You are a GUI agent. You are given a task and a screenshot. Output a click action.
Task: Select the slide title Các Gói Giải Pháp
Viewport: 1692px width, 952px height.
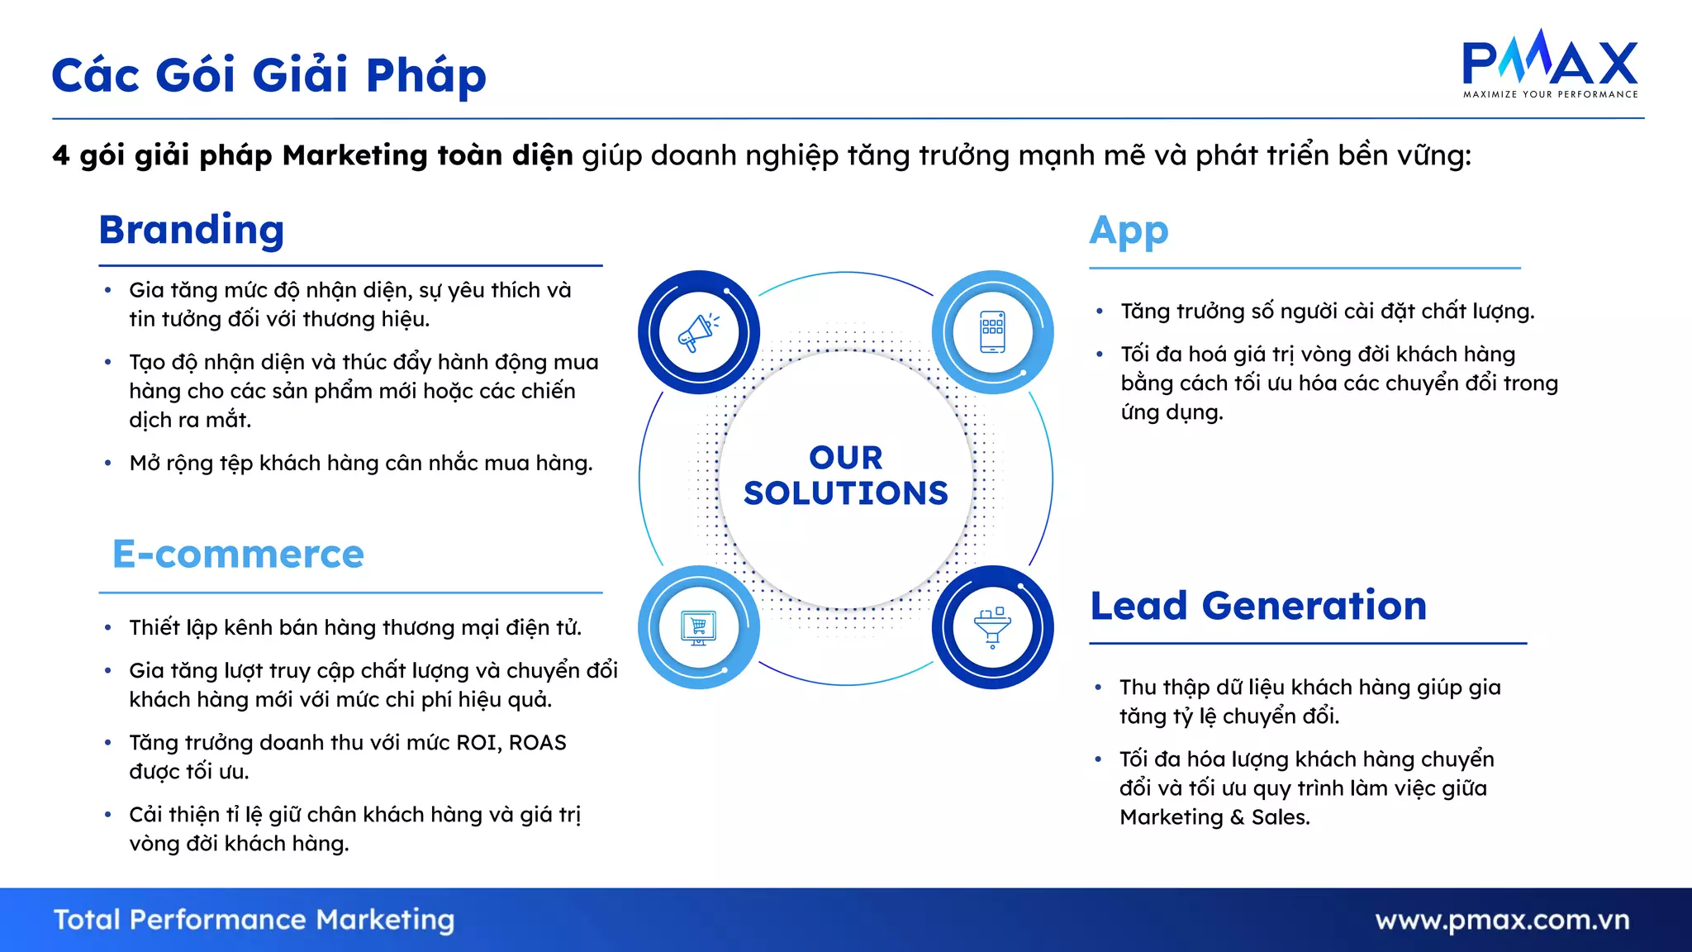[x=269, y=75]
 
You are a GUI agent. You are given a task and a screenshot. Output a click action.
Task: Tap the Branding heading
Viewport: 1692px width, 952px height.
[x=192, y=230]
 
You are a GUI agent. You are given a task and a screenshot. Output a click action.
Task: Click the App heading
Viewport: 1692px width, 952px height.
[x=1129, y=231]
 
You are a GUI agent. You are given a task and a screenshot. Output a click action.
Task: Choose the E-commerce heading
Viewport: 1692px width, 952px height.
[x=238, y=554]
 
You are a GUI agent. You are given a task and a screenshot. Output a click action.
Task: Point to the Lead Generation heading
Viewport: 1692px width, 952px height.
[x=1258, y=606]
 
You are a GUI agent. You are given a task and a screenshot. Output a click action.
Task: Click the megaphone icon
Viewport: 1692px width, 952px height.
[x=698, y=332]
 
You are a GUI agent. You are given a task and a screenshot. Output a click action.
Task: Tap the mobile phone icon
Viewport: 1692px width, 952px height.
[x=992, y=332]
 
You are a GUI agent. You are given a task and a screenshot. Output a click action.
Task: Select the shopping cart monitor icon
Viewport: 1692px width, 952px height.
[x=698, y=627]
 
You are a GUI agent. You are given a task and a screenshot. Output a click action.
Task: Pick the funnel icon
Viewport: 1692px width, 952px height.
[x=992, y=627]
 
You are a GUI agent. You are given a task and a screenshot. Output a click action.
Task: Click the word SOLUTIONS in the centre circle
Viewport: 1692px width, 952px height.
[x=845, y=493]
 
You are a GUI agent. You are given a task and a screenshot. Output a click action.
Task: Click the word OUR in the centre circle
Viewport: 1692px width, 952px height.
[x=845, y=457]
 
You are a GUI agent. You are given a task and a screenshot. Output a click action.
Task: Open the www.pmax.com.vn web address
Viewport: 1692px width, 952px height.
[x=1502, y=920]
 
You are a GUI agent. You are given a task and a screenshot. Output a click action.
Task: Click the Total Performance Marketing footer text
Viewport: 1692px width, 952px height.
[x=254, y=920]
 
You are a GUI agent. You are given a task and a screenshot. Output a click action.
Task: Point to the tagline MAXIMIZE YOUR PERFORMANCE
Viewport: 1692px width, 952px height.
[x=1550, y=94]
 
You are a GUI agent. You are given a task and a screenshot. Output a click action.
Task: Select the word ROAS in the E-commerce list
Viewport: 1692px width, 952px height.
[x=537, y=743]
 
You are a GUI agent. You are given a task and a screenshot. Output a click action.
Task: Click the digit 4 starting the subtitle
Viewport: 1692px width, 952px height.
[x=60, y=155]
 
